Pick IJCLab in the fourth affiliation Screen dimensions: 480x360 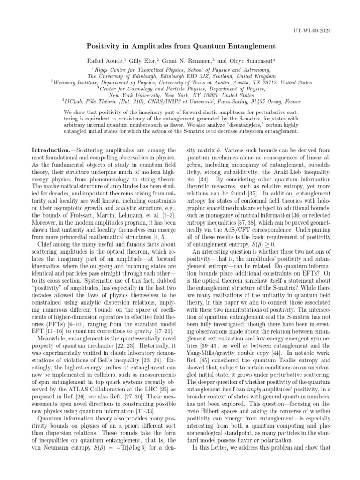[x=77, y=101]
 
